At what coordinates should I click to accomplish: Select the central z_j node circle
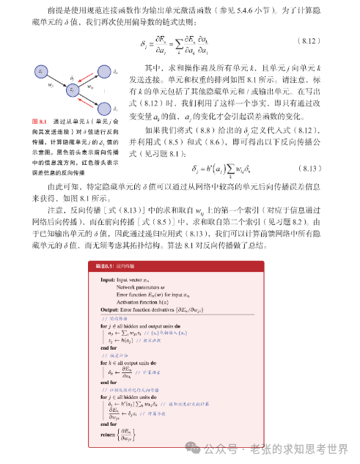(73, 89)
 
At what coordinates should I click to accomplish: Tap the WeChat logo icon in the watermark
(192, 448)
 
